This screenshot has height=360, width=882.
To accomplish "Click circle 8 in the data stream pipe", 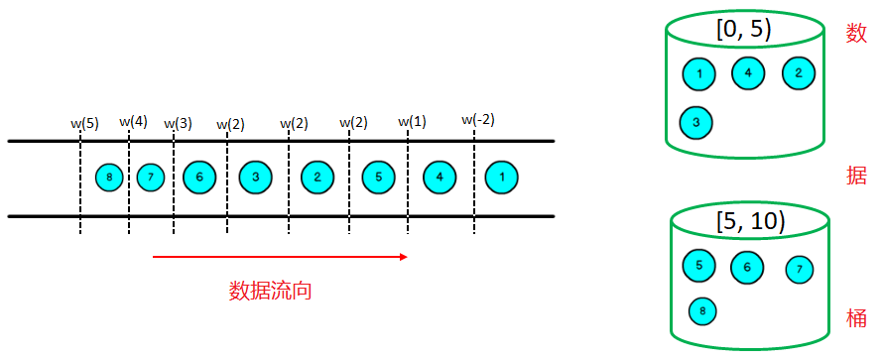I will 108,178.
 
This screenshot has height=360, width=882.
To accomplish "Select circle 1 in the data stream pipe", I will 503,178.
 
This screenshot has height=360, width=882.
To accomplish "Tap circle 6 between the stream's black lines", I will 199,178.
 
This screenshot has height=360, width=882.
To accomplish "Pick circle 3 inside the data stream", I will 256,178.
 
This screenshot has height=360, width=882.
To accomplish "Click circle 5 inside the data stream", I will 378,178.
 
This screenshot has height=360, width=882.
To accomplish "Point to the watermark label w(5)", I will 84,124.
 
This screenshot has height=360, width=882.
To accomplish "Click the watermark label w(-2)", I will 478,120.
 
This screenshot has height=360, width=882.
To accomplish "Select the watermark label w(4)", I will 133,121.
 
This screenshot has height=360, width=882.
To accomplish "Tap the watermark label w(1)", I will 413,122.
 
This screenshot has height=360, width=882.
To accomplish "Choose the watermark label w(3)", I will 178,124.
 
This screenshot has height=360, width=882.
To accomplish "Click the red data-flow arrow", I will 280,257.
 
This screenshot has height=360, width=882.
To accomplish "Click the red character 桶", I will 856,317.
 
